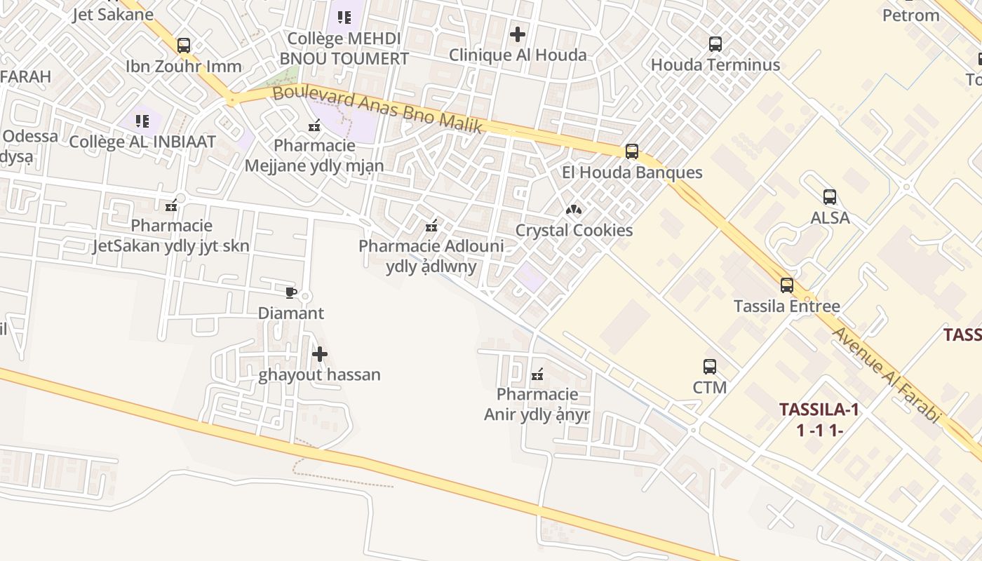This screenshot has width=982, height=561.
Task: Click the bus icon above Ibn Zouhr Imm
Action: [184, 46]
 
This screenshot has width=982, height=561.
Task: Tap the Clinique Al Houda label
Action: [518, 55]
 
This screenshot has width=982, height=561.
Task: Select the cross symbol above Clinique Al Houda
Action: [518, 34]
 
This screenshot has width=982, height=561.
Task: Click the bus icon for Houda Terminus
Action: [715, 44]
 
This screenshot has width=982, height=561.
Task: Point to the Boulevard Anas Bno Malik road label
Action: [377, 110]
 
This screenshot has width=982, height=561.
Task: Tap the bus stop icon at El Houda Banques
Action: [632, 151]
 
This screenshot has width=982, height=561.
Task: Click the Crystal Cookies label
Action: [574, 230]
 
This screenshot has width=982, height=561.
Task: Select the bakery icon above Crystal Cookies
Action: [574, 209]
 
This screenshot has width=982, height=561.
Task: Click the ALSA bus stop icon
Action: [830, 196]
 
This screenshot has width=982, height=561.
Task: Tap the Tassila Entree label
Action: [786, 306]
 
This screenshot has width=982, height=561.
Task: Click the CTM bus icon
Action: [710, 366]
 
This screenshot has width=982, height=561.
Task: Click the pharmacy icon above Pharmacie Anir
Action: [537, 374]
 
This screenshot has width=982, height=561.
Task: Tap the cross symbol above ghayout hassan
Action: [320, 354]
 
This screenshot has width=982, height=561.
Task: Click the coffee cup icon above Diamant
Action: [291, 292]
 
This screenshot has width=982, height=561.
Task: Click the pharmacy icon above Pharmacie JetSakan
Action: [171, 205]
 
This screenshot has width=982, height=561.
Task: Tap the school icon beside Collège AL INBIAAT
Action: [142, 121]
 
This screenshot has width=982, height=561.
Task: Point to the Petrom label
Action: [910, 15]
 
